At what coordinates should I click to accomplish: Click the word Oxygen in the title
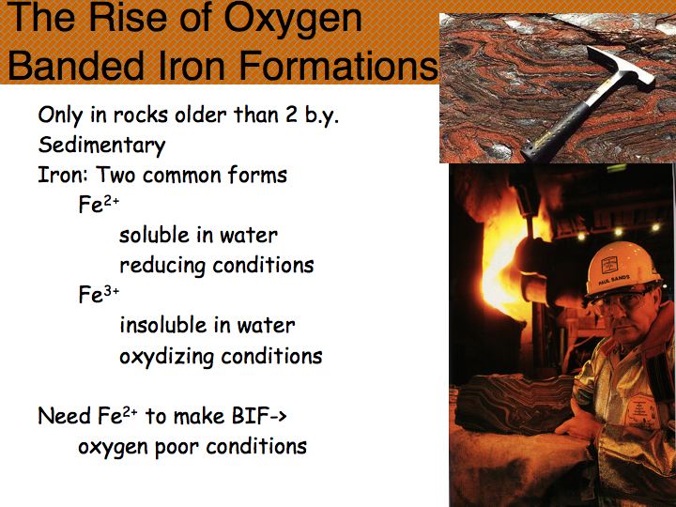coord(293,20)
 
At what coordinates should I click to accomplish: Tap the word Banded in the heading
coord(76,65)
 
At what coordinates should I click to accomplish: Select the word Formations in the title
coord(338,65)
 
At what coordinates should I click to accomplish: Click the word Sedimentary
coord(101,146)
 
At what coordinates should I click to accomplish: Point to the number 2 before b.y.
coord(291,115)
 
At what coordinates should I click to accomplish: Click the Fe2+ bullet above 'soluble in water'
coord(99,205)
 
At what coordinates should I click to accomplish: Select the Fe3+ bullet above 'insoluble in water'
coord(99,295)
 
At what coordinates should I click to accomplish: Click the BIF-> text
coord(259,416)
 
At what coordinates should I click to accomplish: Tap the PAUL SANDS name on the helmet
coord(614,280)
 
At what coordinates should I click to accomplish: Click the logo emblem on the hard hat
coord(609,264)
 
